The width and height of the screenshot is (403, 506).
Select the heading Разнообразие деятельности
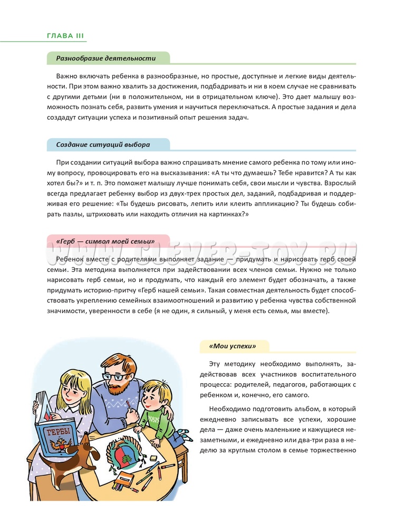[106, 58]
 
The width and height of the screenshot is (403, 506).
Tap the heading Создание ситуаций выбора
[103, 144]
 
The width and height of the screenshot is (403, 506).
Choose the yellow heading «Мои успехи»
[232, 346]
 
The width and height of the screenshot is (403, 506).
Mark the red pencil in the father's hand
[128, 405]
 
